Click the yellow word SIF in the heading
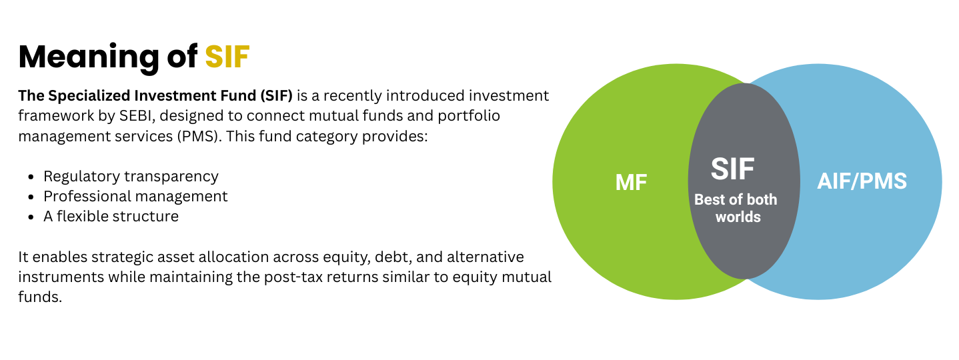coord(227,57)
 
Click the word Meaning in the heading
coord(89,59)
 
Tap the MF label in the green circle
coord(631,183)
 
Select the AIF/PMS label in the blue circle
coord(862,181)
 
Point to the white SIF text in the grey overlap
coord(732,169)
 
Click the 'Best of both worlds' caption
coord(736,208)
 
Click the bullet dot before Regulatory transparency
coord(31,177)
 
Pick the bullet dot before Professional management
coord(31,197)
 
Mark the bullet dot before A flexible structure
coord(31,217)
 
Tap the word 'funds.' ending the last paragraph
coord(40,297)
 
